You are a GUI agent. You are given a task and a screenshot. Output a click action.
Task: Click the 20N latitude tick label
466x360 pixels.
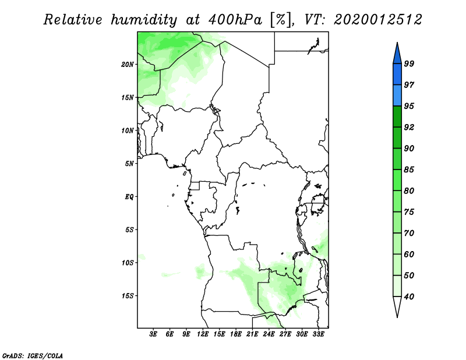[128, 65]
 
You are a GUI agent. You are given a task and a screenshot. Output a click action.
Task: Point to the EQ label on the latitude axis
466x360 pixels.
[129, 197]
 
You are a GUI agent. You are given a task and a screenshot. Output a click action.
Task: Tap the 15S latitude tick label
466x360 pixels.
[128, 296]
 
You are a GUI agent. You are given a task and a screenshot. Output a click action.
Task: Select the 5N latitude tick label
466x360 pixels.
[129, 164]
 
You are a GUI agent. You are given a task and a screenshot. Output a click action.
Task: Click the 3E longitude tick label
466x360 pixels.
[153, 334]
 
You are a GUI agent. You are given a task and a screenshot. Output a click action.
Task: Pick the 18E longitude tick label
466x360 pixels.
[236, 334]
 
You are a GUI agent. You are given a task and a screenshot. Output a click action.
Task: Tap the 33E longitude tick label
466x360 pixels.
[318, 334]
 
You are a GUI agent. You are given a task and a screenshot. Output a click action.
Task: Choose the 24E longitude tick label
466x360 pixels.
[269, 334]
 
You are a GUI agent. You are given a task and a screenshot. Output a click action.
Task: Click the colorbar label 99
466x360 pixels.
[409, 63]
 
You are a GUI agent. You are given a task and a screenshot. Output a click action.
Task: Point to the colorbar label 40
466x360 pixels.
[409, 297]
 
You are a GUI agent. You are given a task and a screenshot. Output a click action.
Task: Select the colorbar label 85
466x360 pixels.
[409, 170]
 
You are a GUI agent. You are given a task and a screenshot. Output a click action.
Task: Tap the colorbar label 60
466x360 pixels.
[409, 254]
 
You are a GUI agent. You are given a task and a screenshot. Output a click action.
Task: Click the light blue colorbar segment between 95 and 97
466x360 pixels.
[397, 96]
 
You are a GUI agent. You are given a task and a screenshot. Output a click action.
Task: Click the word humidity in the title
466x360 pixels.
[144, 20]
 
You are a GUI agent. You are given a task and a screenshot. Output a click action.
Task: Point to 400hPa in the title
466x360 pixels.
[235, 20]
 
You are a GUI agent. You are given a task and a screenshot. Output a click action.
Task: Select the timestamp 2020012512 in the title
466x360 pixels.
[377, 20]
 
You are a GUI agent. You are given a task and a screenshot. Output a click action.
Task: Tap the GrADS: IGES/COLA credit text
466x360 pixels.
[33, 355]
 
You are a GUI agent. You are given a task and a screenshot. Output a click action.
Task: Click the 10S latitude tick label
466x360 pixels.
[128, 263]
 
